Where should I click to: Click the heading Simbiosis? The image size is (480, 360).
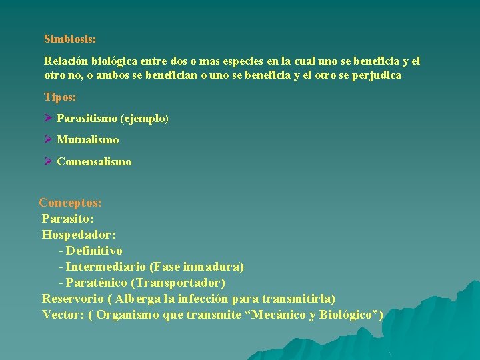click(x=70, y=39)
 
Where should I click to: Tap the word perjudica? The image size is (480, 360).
click(x=375, y=75)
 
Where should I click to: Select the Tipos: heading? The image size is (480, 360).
click(x=60, y=97)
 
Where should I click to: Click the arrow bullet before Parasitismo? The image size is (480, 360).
click(x=48, y=119)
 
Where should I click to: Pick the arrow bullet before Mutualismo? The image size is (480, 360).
click(x=48, y=140)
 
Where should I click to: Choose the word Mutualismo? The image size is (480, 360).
click(x=88, y=140)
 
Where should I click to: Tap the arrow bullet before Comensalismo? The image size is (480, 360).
click(x=48, y=161)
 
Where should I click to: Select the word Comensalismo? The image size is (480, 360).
click(x=94, y=161)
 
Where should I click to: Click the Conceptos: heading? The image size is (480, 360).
click(x=70, y=203)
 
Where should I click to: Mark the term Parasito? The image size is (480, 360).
click(x=68, y=219)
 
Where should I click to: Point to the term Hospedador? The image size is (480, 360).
click(x=79, y=235)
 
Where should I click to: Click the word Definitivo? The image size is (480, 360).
click(x=95, y=251)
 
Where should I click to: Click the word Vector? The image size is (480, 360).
click(x=63, y=315)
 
